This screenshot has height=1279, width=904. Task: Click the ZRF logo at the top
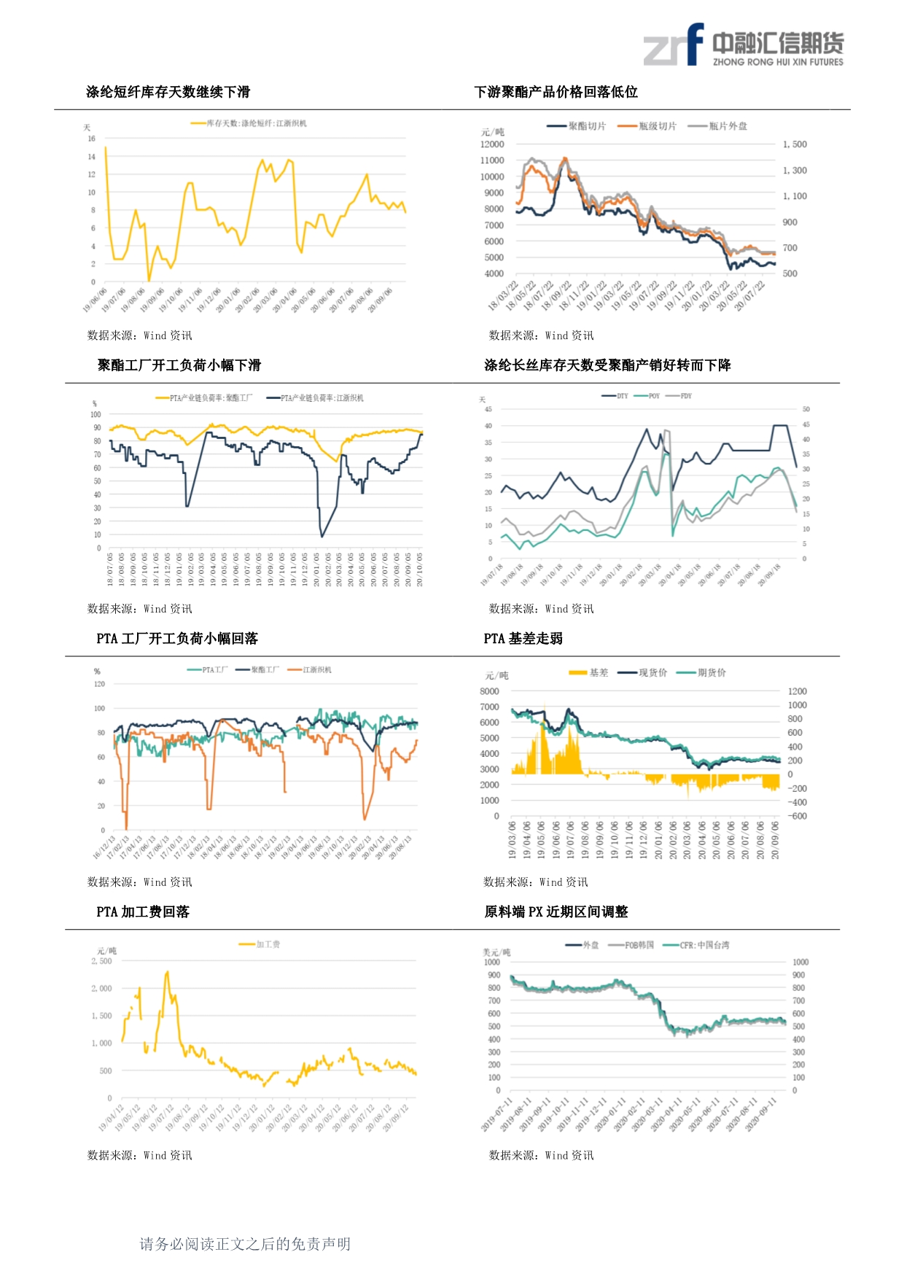(742, 45)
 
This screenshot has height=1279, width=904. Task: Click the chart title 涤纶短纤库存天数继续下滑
(168, 92)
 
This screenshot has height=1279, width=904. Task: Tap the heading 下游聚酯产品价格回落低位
(556, 92)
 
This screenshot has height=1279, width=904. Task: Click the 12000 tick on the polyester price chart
(492, 144)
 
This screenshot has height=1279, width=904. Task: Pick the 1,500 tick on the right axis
(795, 144)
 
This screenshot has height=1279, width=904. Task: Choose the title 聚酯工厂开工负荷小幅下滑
(179, 365)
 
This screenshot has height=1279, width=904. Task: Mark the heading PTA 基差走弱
(523, 639)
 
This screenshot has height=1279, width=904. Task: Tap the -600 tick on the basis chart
(798, 816)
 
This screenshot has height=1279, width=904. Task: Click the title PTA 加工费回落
(143, 912)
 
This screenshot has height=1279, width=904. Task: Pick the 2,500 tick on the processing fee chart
(102, 961)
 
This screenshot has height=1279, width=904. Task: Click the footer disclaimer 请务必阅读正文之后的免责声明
(245, 1244)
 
